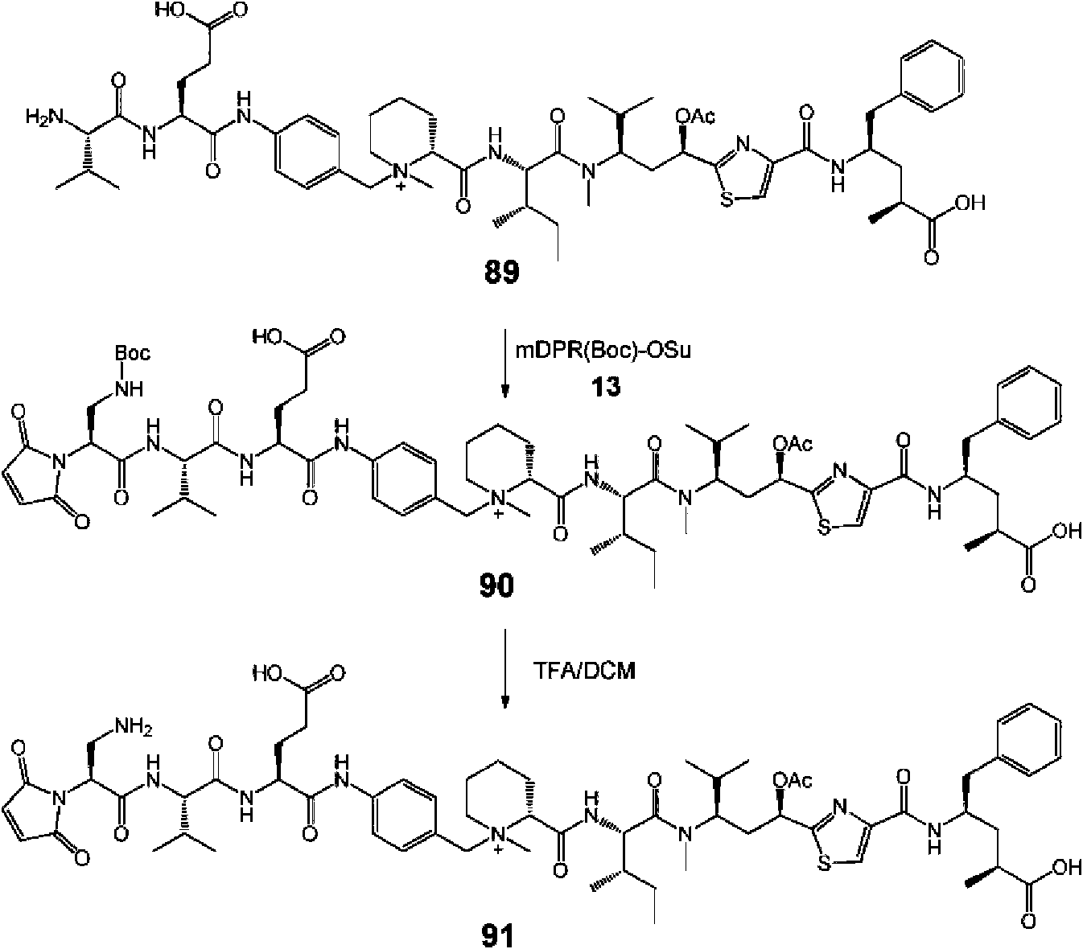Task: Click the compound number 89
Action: click(501, 272)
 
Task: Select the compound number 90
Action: click(496, 585)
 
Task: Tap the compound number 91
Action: click(496, 935)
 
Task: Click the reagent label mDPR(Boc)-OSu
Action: click(603, 351)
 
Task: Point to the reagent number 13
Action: click(606, 386)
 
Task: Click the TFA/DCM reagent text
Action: click(584, 671)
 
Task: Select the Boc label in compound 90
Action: click(133, 353)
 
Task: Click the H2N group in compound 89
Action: click(45, 116)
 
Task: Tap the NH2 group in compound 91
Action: click(133, 726)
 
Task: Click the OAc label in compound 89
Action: click(695, 116)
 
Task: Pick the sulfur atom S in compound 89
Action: click(727, 199)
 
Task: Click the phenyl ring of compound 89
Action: click(933, 76)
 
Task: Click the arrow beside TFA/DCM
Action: click(504, 668)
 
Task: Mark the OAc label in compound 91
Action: click(793, 781)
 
